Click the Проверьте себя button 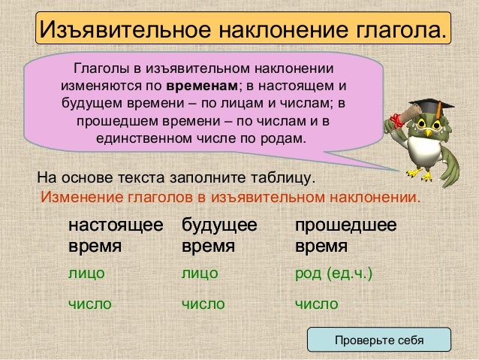click(x=378, y=340)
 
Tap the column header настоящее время click(x=115, y=234)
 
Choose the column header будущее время click(x=219, y=234)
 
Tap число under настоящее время click(x=90, y=304)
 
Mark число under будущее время click(x=203, y=304)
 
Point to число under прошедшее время click(x=316, y=304)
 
